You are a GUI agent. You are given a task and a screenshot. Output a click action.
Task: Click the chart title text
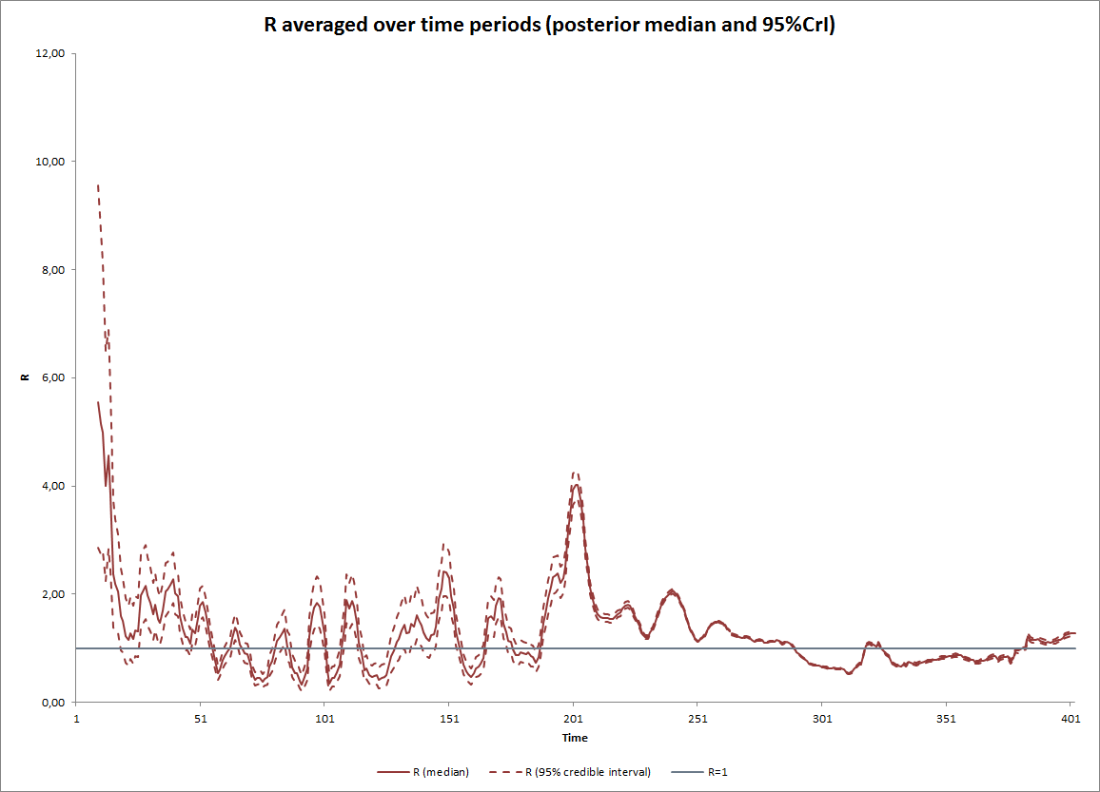[549, 26]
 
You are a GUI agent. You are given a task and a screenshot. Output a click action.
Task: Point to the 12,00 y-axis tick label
[49, 54]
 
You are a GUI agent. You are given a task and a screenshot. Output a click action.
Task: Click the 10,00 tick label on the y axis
[49, 162]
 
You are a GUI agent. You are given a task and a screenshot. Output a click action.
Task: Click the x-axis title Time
[575, 738]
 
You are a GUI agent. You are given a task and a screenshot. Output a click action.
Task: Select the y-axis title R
[25, 378]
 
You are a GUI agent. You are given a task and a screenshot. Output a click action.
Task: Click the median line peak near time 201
[575, 485]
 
